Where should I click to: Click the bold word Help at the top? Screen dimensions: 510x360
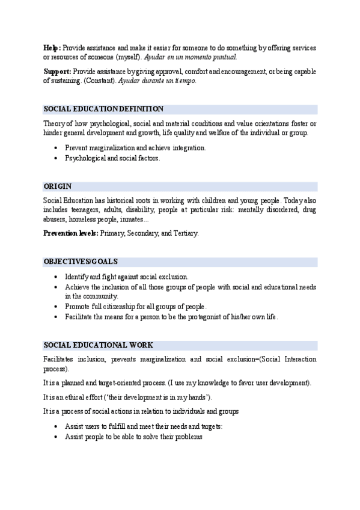coord(52,48)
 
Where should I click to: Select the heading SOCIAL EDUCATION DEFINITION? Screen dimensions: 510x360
coord(103,109)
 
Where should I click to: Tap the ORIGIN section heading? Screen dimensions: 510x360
coord(58,186)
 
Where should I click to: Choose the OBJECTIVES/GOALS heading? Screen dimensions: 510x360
coord(81,262)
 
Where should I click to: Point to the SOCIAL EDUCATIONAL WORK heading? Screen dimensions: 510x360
coord(98,345)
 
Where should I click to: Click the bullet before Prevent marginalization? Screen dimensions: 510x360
coord(56,148)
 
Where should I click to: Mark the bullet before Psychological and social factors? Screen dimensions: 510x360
coord(56,158)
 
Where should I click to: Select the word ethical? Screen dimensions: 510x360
coord(77,398)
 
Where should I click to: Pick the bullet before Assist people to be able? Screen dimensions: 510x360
coord(56,437)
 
